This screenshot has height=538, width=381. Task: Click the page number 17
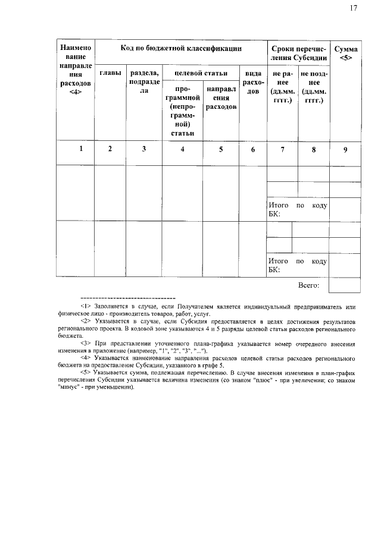coord(353,8)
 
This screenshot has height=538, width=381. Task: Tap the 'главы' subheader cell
coord(110,73)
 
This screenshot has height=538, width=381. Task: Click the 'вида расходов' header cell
coord(253,83)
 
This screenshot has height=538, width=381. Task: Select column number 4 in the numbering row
coord(183,149)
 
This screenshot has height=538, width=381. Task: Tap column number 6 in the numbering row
coord(253,149)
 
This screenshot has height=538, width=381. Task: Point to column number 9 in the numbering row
coord(345,149)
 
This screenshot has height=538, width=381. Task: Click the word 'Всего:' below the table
coord(309,285)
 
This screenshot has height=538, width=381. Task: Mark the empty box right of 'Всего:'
coord(345,285)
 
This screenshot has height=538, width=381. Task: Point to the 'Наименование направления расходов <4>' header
coord(76,69)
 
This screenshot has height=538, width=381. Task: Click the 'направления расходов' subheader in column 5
coord(221,97)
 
